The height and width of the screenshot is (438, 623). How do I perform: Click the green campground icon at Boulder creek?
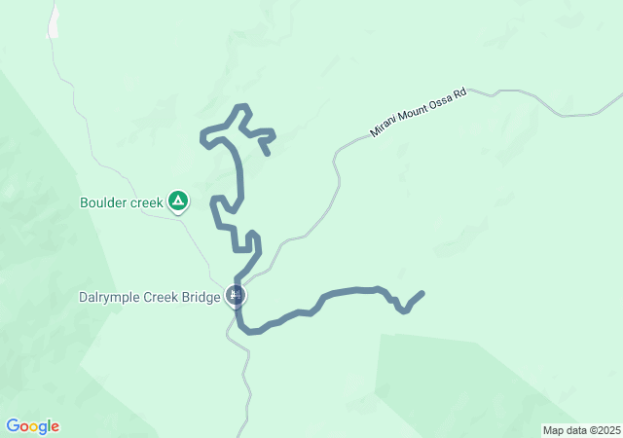(x=178, y=201)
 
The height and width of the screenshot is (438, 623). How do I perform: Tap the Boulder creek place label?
(x=121, y=203)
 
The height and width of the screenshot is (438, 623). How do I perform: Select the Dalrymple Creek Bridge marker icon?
(x=235, y=294)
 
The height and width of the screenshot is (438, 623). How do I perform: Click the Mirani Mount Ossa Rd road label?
(x=419, y=114)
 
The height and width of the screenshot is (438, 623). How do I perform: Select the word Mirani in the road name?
(x=383, y=129)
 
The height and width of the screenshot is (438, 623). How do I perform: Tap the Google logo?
(x=32, y=426)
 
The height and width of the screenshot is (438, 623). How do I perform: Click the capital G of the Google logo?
(x=13, y=426)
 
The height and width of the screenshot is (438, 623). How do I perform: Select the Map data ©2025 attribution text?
(x=580, y=430)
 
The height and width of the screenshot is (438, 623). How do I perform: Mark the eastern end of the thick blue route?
(x=422, y=293)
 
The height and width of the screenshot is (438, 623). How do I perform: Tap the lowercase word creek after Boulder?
(x=146, y=203)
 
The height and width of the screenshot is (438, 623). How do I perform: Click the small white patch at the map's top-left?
(x=54, y=21)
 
